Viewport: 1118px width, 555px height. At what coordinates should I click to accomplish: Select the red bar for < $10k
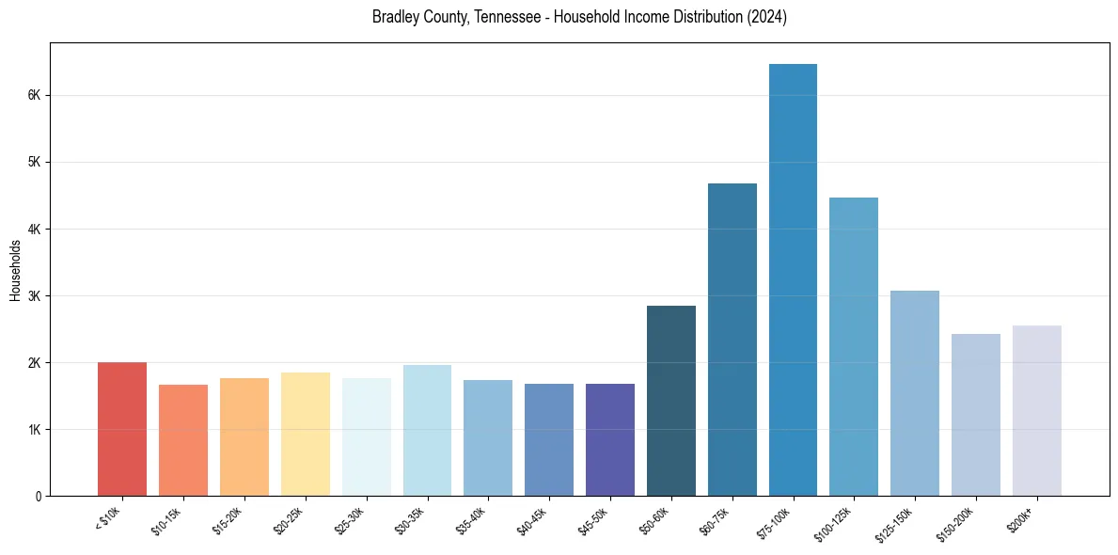click(x=122, y=429)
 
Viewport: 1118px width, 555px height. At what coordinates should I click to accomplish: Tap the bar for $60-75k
click(x=732, y=340)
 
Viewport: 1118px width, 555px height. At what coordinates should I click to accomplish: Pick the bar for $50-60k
click(x=671, y=401)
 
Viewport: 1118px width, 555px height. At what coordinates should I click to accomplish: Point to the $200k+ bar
click(x=1036, y=410)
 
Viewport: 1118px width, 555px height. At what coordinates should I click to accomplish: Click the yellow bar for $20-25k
click(x=305, y=434)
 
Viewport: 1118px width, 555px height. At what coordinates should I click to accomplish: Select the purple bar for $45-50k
click(x=610, y=439)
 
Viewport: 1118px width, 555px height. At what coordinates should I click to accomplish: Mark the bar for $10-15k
click(x=183, y=440)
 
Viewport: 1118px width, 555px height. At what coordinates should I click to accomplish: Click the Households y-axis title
click(x=15, y=270)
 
